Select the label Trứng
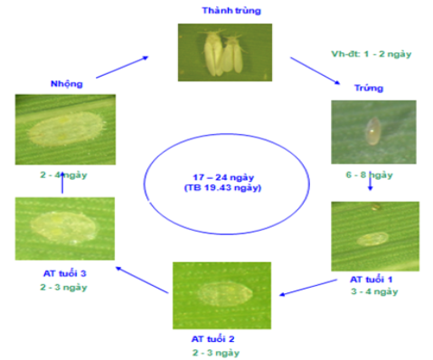pos(372,88)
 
